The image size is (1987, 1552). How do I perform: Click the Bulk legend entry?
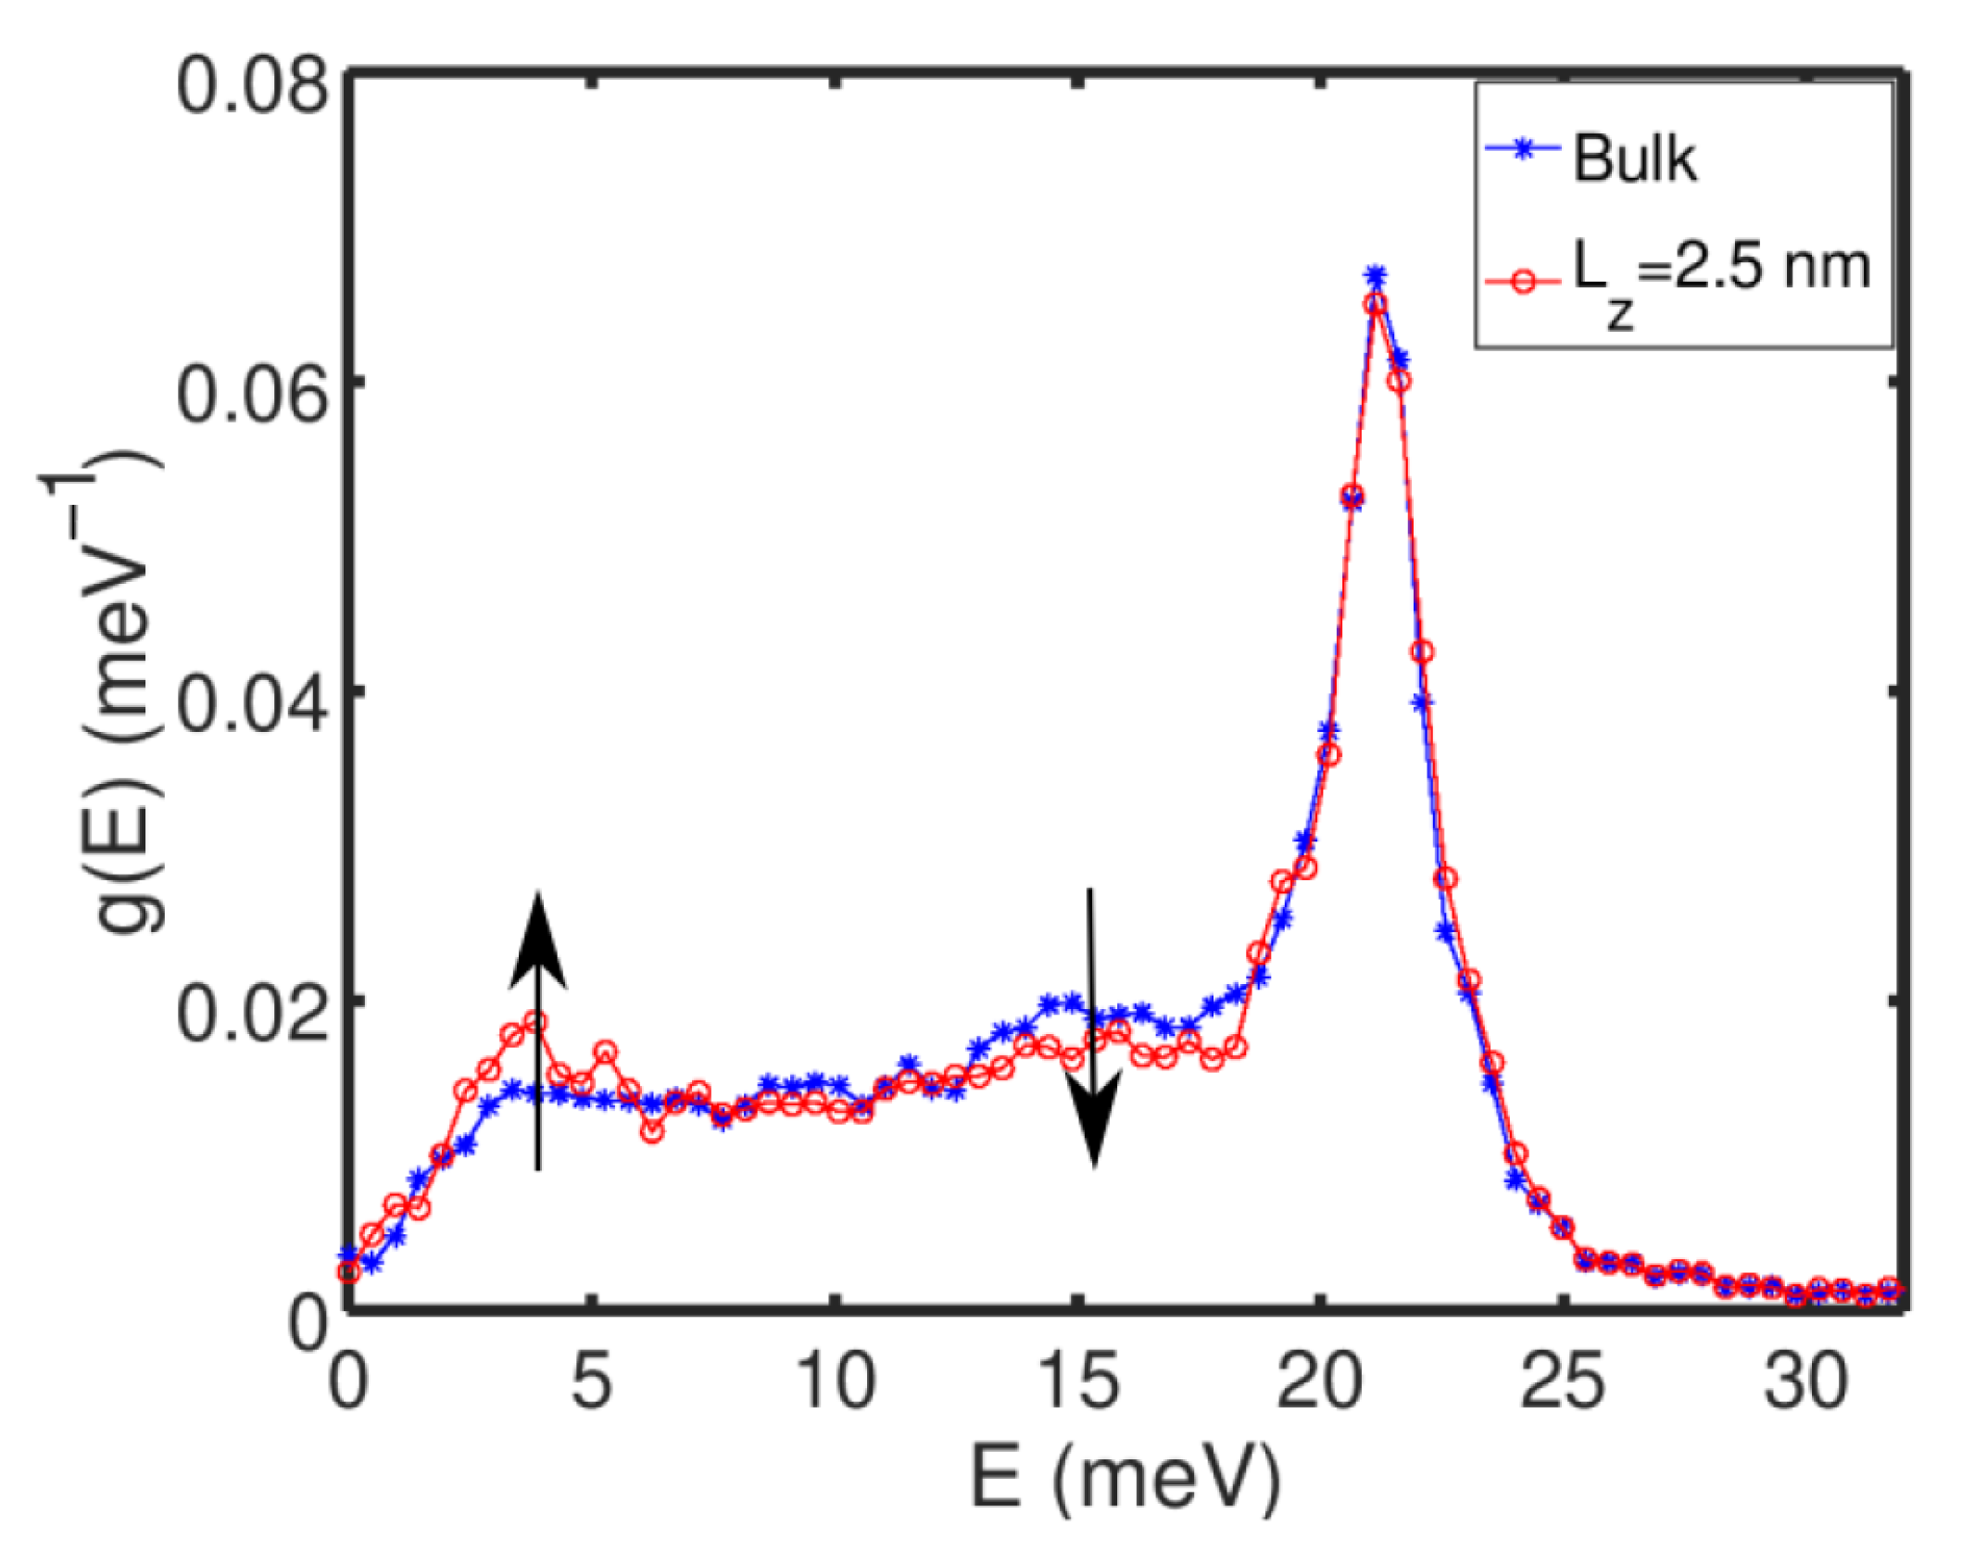[x=1634, y=159]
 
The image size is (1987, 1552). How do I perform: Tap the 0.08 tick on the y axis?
[x=252, y=88]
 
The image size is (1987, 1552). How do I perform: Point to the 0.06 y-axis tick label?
[x=252, y=396]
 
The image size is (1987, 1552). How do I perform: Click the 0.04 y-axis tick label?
[x=252, y=705]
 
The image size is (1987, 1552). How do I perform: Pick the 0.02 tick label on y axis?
[x=252, y=1014]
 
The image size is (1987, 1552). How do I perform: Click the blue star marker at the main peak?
[x=1376, y=276]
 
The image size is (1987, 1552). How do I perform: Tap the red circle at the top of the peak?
[x=1377, y=304]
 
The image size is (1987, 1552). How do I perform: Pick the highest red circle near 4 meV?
[x=534, y=1023]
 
